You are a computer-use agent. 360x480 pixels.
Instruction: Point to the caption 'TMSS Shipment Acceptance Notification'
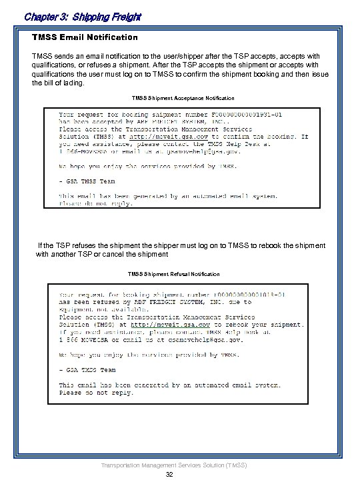[183, 98]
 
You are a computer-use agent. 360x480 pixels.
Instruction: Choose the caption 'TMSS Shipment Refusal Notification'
[173, 274]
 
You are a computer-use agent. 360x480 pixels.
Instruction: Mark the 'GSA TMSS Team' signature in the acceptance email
[87, 181]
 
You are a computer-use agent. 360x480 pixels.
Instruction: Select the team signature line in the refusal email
[87, 369]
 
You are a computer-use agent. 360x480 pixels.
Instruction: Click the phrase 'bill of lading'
[65, 83]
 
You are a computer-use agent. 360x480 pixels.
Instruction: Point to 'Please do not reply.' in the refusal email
[97, 393]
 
